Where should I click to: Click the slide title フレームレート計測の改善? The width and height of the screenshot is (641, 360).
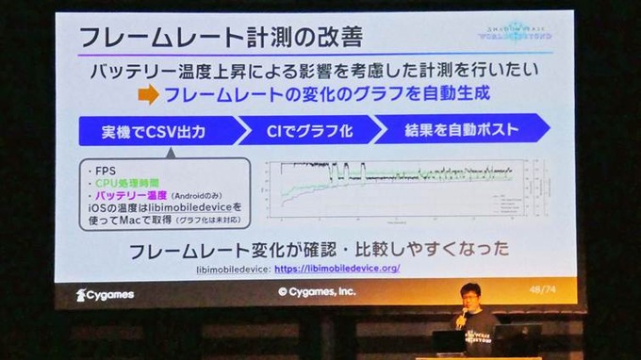pos(218,39)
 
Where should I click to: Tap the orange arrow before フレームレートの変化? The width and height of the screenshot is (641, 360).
pos(148,94)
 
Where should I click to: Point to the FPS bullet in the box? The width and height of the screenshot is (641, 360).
pos(97,171)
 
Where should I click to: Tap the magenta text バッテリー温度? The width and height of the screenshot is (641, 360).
pos(129,193)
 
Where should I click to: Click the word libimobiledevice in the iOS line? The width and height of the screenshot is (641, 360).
pos(189,205)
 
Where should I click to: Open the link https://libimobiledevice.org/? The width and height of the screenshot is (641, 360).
pos(337,269)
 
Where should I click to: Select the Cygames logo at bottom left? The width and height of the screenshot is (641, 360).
pos(105,294)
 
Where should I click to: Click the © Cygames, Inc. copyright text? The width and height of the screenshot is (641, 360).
pos(316,293)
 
